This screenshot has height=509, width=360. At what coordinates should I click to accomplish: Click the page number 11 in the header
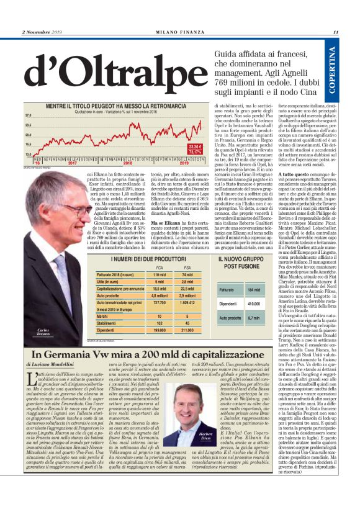(x=335, y=32)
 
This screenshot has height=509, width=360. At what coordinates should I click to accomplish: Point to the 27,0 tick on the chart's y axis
(x=28, y=116)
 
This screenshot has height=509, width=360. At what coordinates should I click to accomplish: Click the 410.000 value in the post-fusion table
(x=253, y=304)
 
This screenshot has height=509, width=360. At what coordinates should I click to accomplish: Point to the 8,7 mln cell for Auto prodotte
(x=253, y=318)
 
